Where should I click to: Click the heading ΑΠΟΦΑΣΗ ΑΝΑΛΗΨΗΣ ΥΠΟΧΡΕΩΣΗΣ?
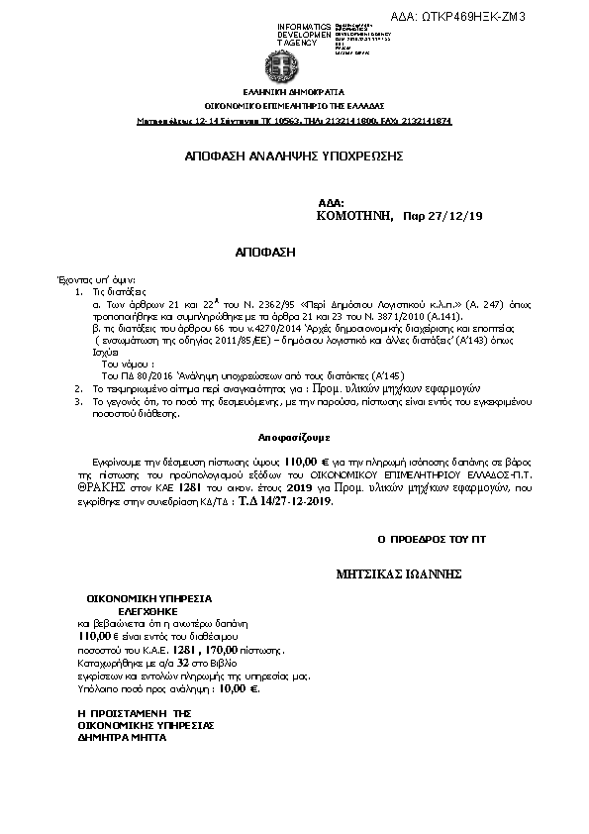click(294, 156)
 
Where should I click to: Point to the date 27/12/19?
click(455, 216)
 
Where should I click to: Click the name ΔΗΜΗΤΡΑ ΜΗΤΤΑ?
click(123, 737)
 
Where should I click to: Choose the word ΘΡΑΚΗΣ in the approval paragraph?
click(98, 488)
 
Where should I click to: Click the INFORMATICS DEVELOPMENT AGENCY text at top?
click(305, 35)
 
